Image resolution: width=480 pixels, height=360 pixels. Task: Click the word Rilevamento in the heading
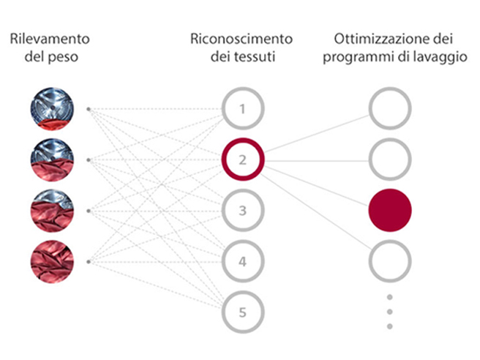(50, 39)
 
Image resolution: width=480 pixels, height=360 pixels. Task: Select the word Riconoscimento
(241, 39)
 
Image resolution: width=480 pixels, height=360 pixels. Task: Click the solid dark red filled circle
(390, 210)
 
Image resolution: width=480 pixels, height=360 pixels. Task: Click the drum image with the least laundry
(52, 109)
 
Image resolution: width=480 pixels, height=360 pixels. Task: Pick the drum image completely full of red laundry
(52, 262)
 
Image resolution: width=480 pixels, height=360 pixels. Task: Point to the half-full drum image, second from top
(52, 160)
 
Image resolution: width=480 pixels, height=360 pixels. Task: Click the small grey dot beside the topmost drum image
(89, 109)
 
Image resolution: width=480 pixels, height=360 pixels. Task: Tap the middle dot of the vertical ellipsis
(390, 312)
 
